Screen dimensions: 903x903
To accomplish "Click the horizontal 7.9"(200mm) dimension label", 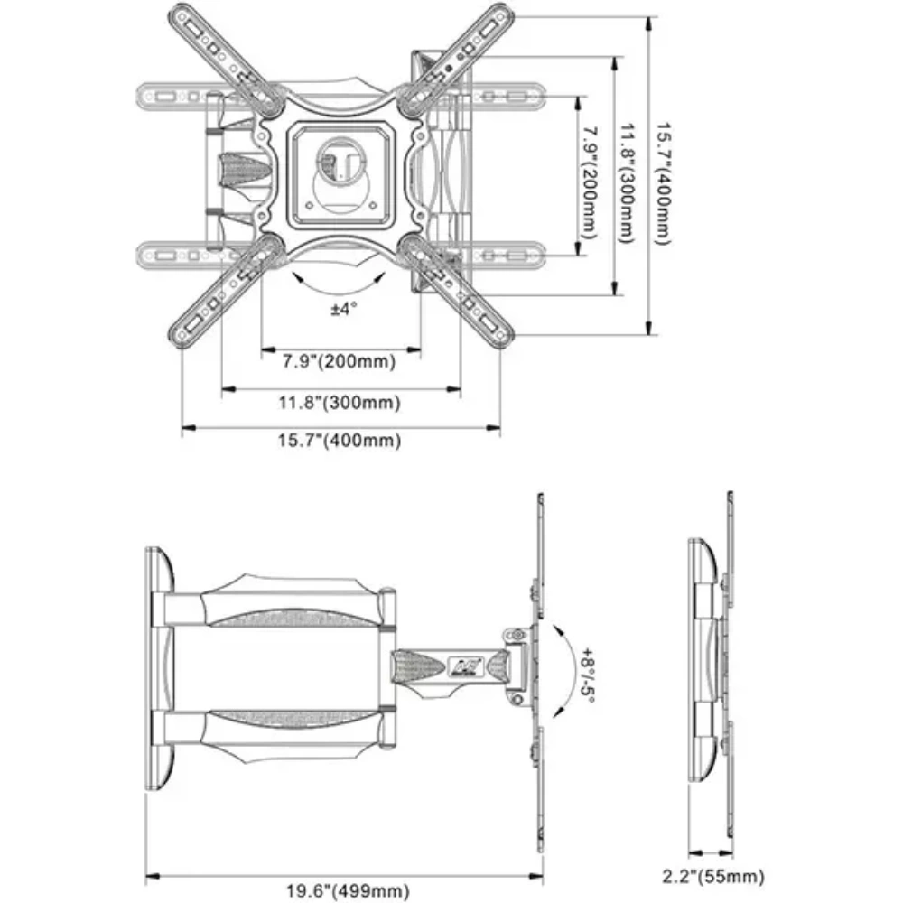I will tap(339, 362).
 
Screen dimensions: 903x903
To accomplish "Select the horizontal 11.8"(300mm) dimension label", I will tap(339, 403).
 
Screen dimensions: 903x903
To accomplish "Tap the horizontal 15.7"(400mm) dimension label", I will tap(339, 441).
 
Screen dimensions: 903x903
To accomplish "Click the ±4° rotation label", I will tap(343, 309).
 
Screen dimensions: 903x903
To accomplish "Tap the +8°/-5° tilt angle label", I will tap(589, 669).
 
